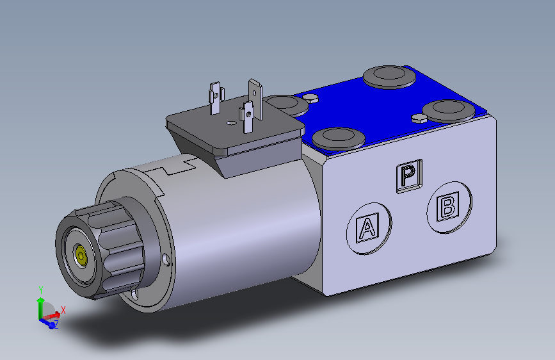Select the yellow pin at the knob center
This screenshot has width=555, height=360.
(81, 255)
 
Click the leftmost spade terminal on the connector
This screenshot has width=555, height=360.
(215, 99)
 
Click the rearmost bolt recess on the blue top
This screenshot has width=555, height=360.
(388, 77)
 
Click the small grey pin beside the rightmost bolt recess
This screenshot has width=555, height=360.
(419, 118)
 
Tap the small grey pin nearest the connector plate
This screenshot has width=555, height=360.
(312, 98)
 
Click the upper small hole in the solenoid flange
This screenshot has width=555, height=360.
(166, 259)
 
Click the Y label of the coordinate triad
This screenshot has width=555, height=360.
(40, 290)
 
